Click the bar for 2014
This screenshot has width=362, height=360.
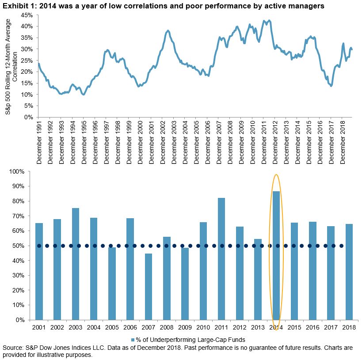(277, 265)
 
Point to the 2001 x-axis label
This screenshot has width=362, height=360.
(39, 327)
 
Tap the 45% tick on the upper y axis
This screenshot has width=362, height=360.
(27, 15)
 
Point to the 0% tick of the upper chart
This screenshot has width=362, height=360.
(28, 117)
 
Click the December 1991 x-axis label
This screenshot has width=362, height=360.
(39, 142)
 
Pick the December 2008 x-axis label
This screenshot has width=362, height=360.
(230, 142)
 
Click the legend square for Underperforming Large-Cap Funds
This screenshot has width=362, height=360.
(133, 339)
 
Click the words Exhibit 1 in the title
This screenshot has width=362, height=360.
(18, 6)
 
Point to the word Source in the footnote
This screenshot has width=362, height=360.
(12, 348)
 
